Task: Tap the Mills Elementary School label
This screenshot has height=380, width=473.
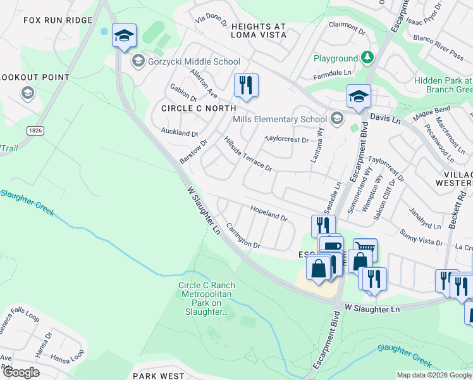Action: (279, 119)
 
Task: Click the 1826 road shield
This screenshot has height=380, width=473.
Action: (35, 130)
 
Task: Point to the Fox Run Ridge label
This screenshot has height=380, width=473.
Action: (58, 20)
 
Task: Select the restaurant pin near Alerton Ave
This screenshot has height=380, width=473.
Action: (246, 86)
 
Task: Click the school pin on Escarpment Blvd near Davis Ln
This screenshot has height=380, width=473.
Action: (359, 97)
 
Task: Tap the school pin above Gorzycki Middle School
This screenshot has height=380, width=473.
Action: (124, 35)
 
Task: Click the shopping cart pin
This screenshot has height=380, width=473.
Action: (365, 249)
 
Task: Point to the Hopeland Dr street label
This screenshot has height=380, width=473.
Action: (269, 213)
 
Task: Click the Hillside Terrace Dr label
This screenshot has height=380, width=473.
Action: (248, 153)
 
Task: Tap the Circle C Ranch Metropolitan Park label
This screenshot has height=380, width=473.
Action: (206, 298)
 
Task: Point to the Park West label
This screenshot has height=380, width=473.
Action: (158, 376)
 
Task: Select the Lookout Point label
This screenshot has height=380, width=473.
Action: (35, 77)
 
